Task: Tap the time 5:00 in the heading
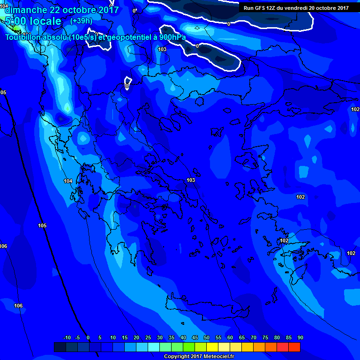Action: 15,21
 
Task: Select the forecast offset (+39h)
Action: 81,21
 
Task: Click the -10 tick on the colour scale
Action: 67,338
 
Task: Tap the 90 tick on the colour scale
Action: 300,338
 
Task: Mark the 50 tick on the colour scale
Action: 206,338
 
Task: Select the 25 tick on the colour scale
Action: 148,338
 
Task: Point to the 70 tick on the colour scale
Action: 253,338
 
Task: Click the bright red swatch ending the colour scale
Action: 294,347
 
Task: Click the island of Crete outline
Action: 206,307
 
